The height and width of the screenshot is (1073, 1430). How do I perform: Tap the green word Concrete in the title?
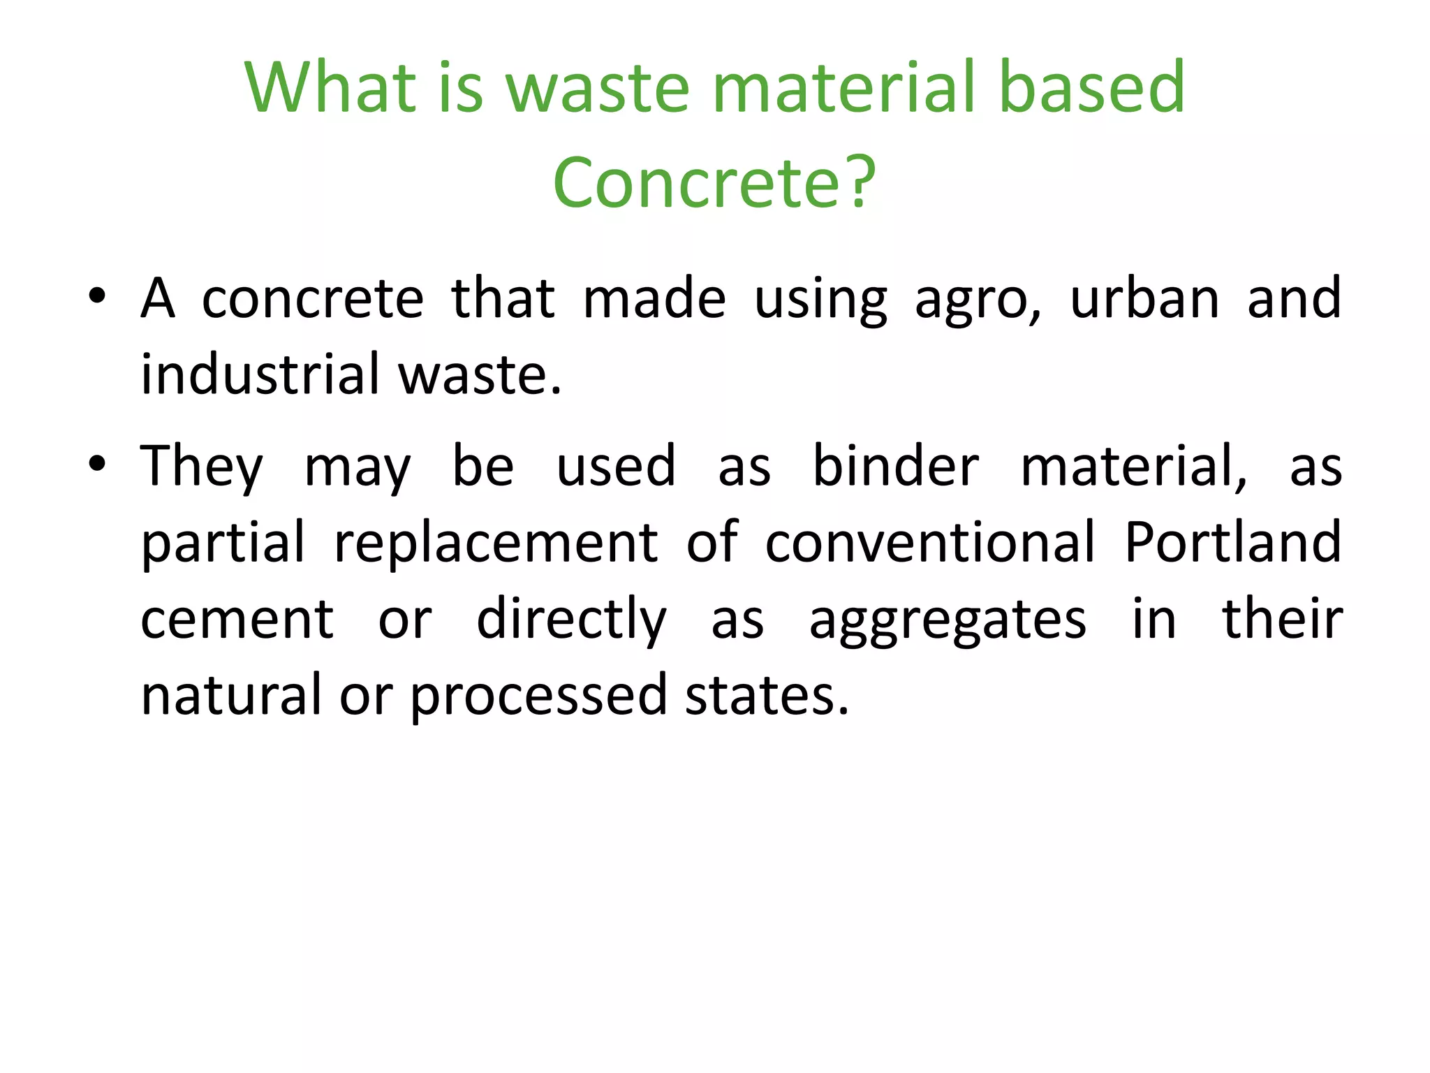pos(695,183)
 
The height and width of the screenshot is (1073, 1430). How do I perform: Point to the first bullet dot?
pos(97,296)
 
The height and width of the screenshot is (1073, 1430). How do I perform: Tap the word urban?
pos(1144,298)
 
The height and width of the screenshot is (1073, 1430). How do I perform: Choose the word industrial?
pos(260,374)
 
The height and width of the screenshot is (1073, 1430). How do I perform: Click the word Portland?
pos(1233,542)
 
